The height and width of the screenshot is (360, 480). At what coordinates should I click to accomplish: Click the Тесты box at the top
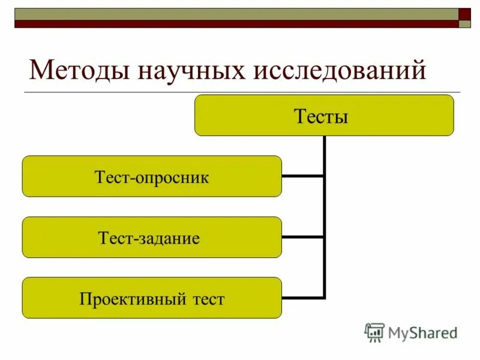(x=324, y=115)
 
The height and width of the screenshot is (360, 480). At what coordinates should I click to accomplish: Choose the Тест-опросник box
(x=152, y=176)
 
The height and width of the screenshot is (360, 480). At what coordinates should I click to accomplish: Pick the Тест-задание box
(x=152, y=237)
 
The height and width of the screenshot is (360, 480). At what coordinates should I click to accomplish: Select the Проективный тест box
(x=152, y=298)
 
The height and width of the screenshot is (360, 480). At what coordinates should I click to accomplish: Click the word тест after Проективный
(x=205, y=298)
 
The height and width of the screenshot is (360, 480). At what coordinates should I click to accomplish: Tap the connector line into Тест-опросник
(x=302, y=176)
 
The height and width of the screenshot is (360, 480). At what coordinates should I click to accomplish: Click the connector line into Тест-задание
(x=302, y=237)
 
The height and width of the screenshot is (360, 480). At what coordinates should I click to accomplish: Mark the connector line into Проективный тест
(x=302, y=298)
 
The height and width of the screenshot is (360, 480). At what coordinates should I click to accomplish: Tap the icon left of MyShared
(x=374, y=332)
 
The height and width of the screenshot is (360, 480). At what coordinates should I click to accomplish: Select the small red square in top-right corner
(x=464, y=14)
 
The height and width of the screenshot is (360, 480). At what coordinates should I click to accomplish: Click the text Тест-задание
(x=149, y=238)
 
